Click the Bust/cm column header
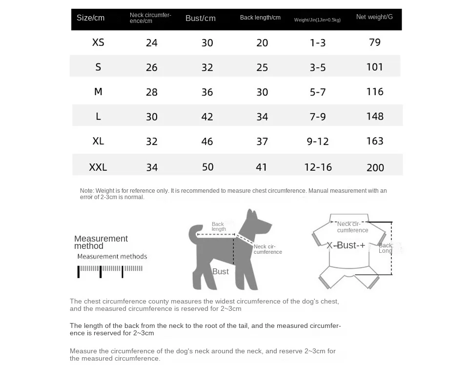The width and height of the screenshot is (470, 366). coord(200,19)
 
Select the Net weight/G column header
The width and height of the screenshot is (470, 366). coord(374,17)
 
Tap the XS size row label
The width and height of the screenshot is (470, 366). coord(98,42)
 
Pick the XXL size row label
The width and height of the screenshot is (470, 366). coord(98,167)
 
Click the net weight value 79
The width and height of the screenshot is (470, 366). coord(375,42)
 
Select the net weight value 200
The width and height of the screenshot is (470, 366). coord(375,167)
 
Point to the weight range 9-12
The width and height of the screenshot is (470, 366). coord(318,142)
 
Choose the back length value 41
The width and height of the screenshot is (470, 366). coord(262,167)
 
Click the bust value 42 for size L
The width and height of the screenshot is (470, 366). coord(207,117)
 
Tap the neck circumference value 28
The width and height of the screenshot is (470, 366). coord(152,92)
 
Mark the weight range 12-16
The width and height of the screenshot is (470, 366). coord(318,167)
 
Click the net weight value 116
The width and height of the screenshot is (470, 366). coord(375,92)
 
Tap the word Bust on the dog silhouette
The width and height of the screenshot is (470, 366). coord(220,271)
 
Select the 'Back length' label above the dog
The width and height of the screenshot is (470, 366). coord(218,226)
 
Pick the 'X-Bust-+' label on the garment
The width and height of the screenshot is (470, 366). coord(346,245)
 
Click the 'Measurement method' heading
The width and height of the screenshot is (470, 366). coord(101,242)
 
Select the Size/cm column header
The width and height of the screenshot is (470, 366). coord(90,18)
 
